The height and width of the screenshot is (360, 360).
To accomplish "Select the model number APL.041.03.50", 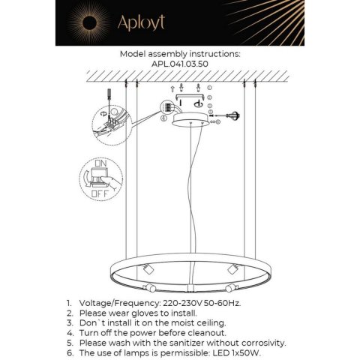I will (180, 64).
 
